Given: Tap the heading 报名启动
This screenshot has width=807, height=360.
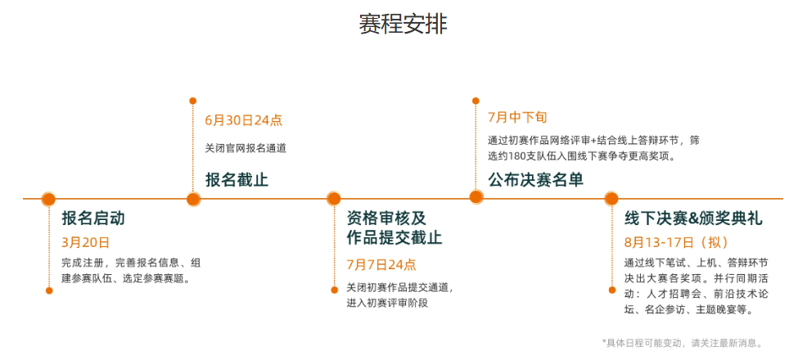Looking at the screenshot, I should (x=92, y=218).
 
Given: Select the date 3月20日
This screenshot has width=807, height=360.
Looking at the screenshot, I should (x=85, y=242).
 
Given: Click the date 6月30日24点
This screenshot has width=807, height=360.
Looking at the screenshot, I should (x=243, y=119).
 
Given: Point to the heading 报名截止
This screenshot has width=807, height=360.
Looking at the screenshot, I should (x=237, y=179).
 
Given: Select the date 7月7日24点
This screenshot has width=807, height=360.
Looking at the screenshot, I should (x=381, y=264).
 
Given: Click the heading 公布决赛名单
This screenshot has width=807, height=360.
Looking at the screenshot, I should (x=535, y=179).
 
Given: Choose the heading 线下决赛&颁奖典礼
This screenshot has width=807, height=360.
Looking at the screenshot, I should (x=693, y=218).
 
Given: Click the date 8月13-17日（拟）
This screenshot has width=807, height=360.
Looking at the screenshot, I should (x=676, y=242).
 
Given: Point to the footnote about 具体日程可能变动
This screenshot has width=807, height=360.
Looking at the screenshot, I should (x=682, y=343).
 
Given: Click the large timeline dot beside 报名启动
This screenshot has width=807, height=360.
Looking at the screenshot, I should (x=48, y=199).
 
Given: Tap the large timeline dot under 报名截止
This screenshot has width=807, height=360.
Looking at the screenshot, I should (x=193, y=199).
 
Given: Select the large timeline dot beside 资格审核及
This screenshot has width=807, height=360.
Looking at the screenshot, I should (x=333, y=199).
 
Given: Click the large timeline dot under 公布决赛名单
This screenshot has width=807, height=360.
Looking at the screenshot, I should (x=476, y=196).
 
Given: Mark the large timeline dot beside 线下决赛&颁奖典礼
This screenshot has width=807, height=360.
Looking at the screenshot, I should (x=611, y=199).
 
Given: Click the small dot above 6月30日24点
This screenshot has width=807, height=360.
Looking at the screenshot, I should (x=193, y=101).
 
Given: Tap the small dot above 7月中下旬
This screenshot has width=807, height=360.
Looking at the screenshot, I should (x=476, y=101).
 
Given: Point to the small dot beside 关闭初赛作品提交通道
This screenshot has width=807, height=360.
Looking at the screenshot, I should (x=334, y=289).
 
